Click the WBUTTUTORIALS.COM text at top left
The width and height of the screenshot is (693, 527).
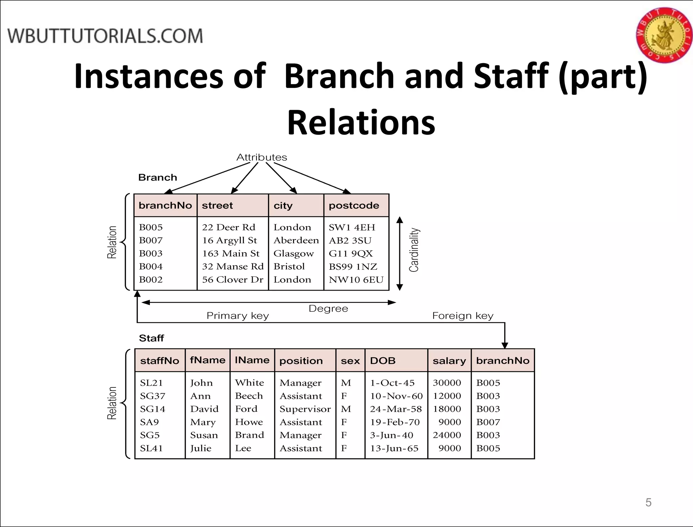[105, 36]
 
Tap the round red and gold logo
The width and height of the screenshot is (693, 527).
[664, 35]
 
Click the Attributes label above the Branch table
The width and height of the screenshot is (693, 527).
[262, 157]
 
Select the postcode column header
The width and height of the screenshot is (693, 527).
[354, 206]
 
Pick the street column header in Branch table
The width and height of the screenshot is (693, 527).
[217, 206]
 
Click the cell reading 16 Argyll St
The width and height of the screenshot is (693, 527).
[229, 240]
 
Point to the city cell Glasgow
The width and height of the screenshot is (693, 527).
[293, 254]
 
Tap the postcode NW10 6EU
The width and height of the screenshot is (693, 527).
[356, 280]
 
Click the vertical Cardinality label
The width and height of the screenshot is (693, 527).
[414, 250]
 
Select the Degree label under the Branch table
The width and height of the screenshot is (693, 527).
[328, 309]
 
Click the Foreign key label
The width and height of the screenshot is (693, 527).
[463, 316]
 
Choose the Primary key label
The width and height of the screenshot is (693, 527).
[238, 316]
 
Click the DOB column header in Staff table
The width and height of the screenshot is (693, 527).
[383, 361]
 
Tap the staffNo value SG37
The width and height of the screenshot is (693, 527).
[153, 396]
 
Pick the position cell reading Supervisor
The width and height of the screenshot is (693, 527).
[305, 409]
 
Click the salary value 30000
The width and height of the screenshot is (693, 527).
[447, 383]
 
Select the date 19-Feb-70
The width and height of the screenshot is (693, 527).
[395, 422]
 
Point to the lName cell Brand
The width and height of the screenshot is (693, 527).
[249, 435]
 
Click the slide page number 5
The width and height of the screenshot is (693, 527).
[648, 502]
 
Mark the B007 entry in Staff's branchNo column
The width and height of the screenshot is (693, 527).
[488, 422]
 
